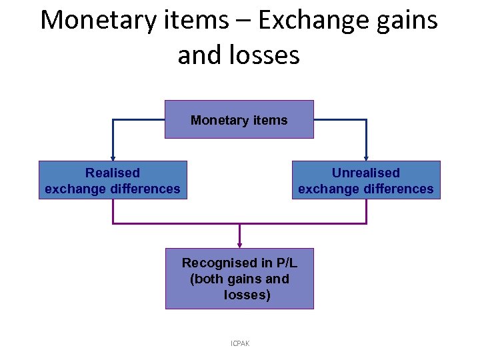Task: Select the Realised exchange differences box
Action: coord(112,180)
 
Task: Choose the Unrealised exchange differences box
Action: coord(365,180)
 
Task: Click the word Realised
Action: coord(113,173)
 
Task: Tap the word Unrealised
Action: coord(365,173)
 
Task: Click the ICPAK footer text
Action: coord(239,343)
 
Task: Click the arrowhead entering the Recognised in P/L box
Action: coord(239,246)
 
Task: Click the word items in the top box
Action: coord(269,121)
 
